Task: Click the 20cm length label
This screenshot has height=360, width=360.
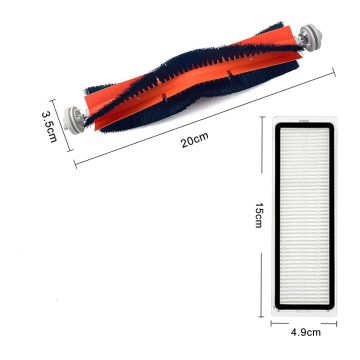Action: pos(195,140)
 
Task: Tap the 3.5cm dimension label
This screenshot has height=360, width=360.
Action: pos(50,127)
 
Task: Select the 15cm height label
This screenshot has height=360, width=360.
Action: pos(259,215)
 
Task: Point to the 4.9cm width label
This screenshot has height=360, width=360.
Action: pos(305,332)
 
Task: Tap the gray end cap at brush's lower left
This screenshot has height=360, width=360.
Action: pos(75,120)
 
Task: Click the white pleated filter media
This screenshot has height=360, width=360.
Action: pos(304,216)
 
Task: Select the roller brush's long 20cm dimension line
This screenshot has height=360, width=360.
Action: pos(205,118)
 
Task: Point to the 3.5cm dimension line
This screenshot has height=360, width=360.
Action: pos(60,125)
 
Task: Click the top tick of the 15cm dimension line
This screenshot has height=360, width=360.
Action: pos(262,117)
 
